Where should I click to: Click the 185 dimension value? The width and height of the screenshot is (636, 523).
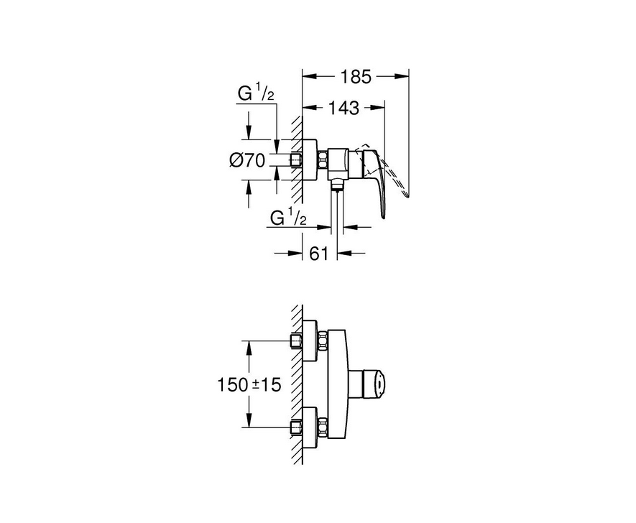(355, 76)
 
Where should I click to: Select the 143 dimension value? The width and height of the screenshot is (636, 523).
(343, 108)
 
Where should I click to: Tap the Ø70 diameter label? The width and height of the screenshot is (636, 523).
(247, 160)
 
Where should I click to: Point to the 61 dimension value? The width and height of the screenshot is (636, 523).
(318, 254)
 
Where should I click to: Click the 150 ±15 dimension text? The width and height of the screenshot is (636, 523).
(249, 384)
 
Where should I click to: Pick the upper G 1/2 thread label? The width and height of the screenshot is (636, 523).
(256, 94)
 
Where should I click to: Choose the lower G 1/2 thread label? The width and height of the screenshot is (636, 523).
(288, 218)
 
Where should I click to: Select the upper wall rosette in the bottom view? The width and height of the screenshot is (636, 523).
(310, 341)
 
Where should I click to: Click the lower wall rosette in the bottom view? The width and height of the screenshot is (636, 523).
(310, 427)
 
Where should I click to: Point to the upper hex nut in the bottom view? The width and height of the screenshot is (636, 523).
(323, 341)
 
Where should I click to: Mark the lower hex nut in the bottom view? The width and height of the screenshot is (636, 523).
(323, 427)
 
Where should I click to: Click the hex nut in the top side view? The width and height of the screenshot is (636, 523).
(323, 159)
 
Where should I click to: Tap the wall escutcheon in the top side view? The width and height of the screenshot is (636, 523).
(310, 159)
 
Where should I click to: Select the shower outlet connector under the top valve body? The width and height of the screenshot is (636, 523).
(336, 185)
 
